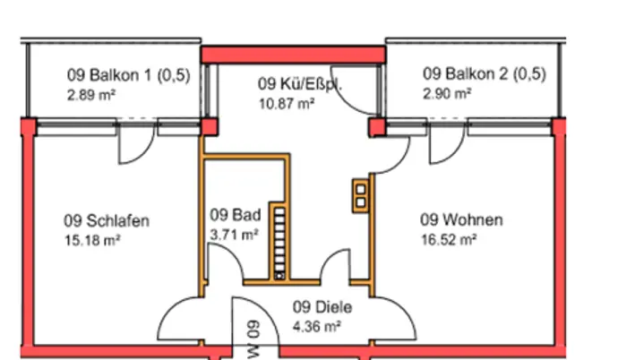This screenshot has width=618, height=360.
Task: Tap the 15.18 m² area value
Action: (91, 240)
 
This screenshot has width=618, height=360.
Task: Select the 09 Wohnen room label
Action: (461, 220)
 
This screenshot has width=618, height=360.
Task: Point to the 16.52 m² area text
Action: (448, 239)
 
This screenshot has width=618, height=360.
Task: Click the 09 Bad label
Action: (236, 215)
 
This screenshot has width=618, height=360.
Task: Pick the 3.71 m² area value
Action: (234, 234)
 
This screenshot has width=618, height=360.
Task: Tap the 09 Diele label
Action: (322, 307)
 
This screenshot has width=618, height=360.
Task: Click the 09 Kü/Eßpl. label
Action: (300, 85)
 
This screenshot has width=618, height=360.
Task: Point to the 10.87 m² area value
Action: (287, 104)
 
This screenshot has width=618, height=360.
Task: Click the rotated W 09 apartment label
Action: (252, 337)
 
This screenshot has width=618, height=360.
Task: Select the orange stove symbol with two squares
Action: (360, 194)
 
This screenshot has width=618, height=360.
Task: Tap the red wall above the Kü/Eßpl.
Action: (293, 56)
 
